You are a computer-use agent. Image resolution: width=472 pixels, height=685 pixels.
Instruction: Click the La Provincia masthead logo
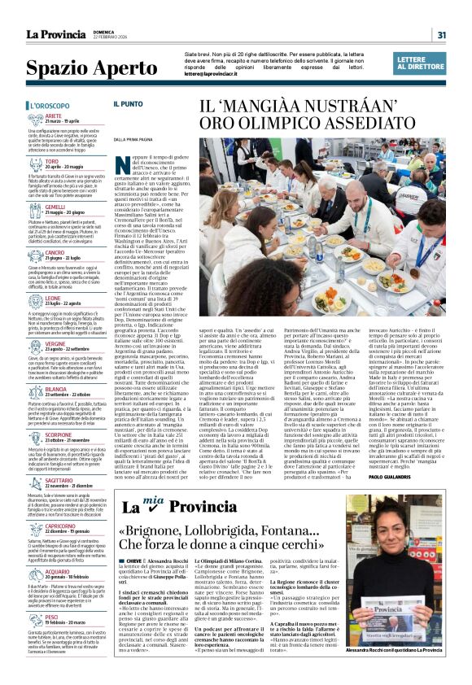point(55,34)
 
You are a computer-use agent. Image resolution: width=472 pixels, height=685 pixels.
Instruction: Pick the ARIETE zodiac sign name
point(55,116)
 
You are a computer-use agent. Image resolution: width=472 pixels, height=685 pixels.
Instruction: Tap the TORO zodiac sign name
point(52,161)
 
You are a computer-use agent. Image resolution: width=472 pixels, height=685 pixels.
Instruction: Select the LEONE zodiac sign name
point(53,299)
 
